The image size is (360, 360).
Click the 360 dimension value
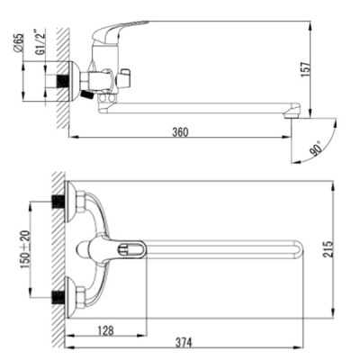click(x=180, y=131)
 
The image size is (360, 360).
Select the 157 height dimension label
click(x=304, y=69)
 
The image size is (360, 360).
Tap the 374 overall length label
click(x=184, y=342)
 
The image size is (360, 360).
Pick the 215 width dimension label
click(x=329, y=248)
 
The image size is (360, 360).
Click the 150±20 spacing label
click(x=25, y=249)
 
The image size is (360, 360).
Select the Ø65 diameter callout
click(x=18, y=44)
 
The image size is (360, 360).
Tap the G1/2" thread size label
click(x=40, y=41)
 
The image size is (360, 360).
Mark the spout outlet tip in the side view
click(x=292, y=117)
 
